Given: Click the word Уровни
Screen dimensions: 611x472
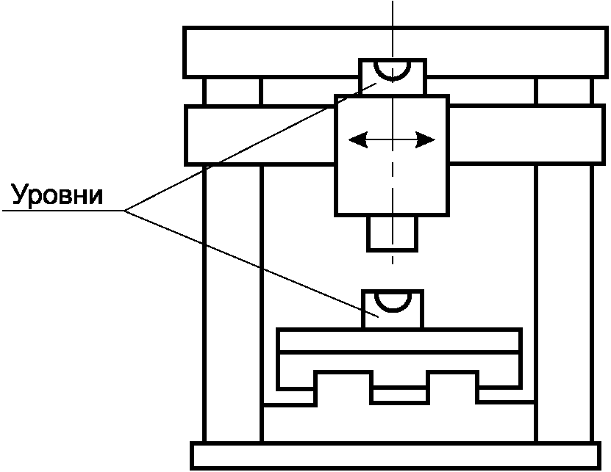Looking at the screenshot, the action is pyautogui.click(x=57, y=195).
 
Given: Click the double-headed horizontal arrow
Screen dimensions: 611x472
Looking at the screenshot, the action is pyautogui.click(x=392, y=139).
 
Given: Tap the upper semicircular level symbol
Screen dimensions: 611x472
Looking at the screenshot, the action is pyautogui.click(x=392, y=70).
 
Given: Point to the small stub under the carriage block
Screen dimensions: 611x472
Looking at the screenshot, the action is pyautogui.click(x=392, y=233).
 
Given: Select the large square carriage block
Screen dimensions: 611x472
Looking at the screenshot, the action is pyautogui.click(x=392, y=176).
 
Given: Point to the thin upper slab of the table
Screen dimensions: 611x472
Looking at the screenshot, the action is pyautogui.click(x=401, y=341).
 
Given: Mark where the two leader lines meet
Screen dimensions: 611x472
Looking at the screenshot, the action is pyautogui.click(x=124, y=211).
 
